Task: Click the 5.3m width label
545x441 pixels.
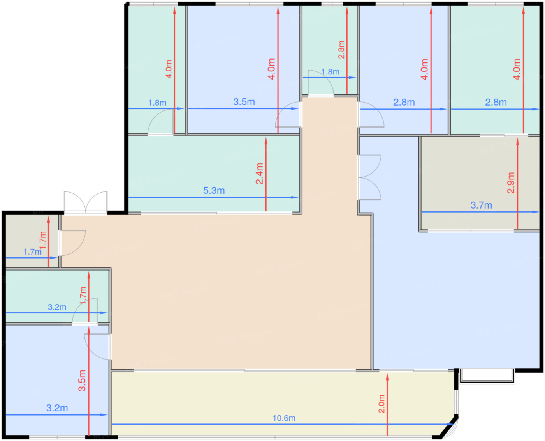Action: point(214,190)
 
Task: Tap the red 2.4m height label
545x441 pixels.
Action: point(259,174)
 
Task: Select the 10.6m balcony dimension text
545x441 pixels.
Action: point(284,418)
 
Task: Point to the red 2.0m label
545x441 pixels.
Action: point(381,404)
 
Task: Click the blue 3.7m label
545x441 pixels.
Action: point(481,205)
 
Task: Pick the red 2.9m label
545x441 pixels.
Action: point(511,183)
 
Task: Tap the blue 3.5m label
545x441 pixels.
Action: point(244,102)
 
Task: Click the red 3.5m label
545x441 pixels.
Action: point(82,381)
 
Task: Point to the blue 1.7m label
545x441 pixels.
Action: point(32,252)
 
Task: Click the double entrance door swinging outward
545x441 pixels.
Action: point(86,202)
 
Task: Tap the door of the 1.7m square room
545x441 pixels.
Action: point(72,243)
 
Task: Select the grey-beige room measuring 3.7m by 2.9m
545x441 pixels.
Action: point(480,183)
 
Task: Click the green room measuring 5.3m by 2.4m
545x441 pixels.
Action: point(214,174)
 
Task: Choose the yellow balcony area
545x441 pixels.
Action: point(281,403)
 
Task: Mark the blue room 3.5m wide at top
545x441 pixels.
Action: point(244,69)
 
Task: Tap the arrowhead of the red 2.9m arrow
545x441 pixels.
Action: point(517,142)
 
